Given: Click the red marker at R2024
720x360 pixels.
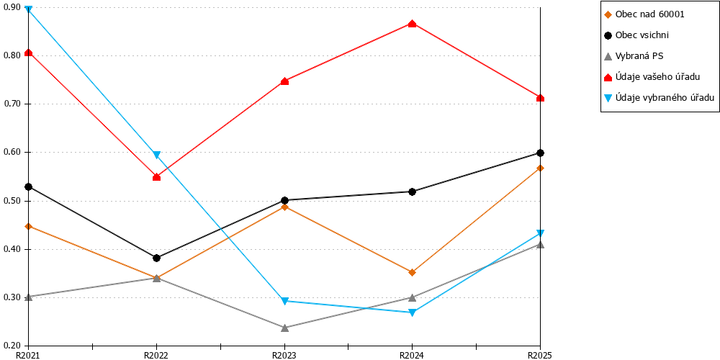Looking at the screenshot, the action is click(x=412, y=24).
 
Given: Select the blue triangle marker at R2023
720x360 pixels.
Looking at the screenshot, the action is click(x=284, y=301).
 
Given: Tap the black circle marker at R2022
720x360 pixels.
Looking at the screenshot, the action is click(x=156, y=258).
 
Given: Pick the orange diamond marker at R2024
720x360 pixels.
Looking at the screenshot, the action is click(x=412, y=272).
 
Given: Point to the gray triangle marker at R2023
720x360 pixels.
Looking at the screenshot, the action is click(x=284, y=328).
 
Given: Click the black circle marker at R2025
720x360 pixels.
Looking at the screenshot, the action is click(x=540, y=153).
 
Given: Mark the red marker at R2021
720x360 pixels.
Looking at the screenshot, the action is click(x=29, y=53).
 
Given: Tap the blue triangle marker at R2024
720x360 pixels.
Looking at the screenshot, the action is click(x=412, y=312).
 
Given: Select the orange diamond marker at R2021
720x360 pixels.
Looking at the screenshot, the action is click(x=29, y=226).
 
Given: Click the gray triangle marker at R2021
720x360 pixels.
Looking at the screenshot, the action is click(x=29, y=297).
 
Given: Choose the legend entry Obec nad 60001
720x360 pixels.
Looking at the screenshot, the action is click(x=646, y=14).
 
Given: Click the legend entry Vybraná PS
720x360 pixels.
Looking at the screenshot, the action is click(x=634, y=56).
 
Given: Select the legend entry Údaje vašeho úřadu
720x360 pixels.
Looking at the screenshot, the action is click(x=652, y=77).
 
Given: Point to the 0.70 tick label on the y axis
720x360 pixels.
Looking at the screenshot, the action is click(x=13, y=104).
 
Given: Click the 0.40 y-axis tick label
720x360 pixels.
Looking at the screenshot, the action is click(x=13, y=249).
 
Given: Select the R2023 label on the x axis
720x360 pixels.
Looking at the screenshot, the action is click(x=284, y=356).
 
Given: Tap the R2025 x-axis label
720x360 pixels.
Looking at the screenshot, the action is click(x=540, y=356).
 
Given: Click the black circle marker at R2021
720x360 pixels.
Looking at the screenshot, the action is click(x=29, y=187).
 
